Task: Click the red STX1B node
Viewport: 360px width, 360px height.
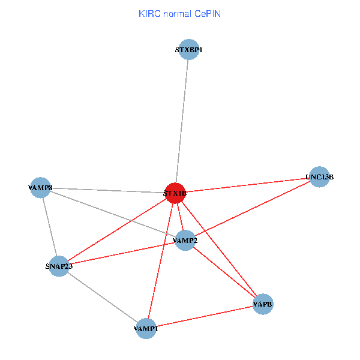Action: tap(175, 193)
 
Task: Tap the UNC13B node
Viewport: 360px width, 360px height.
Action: tap(319, 177)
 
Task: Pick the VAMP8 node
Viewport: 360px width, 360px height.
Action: tap(40, 188)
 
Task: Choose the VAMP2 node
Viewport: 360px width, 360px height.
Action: tap(185, 241)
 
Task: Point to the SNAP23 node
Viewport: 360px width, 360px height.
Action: tap(59, 266)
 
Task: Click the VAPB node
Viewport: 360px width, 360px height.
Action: tap(263, 304)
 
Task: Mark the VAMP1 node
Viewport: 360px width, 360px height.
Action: tap(146, 328)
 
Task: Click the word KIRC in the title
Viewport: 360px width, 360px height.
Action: tap(149, 13)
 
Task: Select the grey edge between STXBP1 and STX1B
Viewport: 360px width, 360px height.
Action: tap(182, 120)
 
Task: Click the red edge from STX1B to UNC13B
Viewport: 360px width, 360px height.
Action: tap(246, 185)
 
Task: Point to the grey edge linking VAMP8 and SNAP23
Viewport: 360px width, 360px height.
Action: tap(49, 227)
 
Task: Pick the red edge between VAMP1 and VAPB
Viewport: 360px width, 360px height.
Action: tap(205, 316)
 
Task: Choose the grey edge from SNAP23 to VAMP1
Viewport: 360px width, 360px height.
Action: tap(103, 297)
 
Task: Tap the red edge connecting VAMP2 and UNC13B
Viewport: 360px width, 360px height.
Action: tap(252, 209)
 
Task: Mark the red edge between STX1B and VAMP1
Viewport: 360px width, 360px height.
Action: tap(161, 260)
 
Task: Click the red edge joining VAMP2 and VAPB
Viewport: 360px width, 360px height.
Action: tap(224, 273)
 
